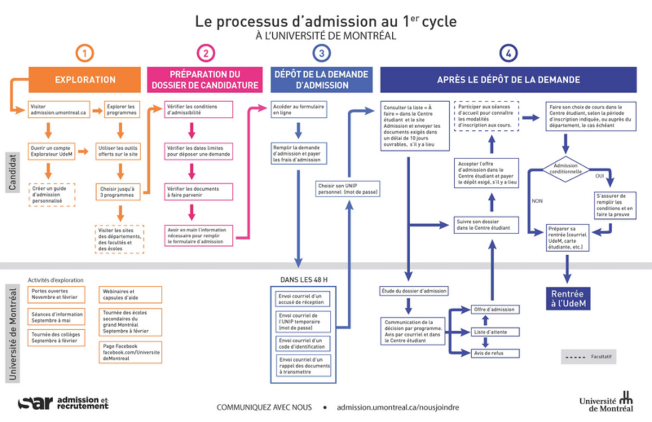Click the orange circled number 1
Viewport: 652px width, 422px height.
point(85,53)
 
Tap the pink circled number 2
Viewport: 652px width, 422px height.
point(206,53)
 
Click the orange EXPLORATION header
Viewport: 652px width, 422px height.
point(85,79)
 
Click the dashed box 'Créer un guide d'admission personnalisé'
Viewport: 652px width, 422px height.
point(52,194)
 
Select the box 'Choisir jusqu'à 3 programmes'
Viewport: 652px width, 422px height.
point(117,192)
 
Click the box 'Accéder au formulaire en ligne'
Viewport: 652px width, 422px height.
point(298,109)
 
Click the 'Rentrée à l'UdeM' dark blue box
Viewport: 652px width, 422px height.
point(568,298)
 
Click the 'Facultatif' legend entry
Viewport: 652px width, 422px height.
point(589,357)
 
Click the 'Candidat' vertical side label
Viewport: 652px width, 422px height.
point(12,172)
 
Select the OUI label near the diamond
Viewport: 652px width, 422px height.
point(599,176)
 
